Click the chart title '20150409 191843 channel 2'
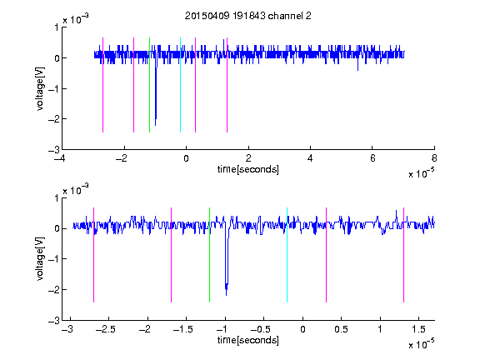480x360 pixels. pos(248,16)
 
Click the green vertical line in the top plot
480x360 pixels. pos(149,85)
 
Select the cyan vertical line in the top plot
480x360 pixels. pos(180,85)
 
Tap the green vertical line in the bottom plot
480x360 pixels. pos(210,255)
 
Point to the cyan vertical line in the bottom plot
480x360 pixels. pos(287,255)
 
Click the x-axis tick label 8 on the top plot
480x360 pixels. pos(434,158)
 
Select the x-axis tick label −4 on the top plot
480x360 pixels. pos(59,158)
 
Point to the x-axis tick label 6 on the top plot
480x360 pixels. pos(372,158)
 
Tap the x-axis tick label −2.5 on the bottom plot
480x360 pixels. pos(105,329)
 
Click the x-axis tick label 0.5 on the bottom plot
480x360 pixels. pos(341,329)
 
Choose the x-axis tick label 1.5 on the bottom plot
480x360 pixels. pos(418,329)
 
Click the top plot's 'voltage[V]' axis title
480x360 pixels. pos(40,89)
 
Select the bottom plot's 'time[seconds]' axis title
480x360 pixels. pos(248,340)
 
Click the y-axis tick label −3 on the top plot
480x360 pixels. pos(54,150)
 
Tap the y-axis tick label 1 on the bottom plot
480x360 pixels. pos(57,198)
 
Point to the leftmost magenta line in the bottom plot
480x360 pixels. pos(93,255)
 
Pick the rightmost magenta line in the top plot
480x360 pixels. pos(227,85)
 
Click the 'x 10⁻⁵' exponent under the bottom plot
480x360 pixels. pos(421,344)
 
